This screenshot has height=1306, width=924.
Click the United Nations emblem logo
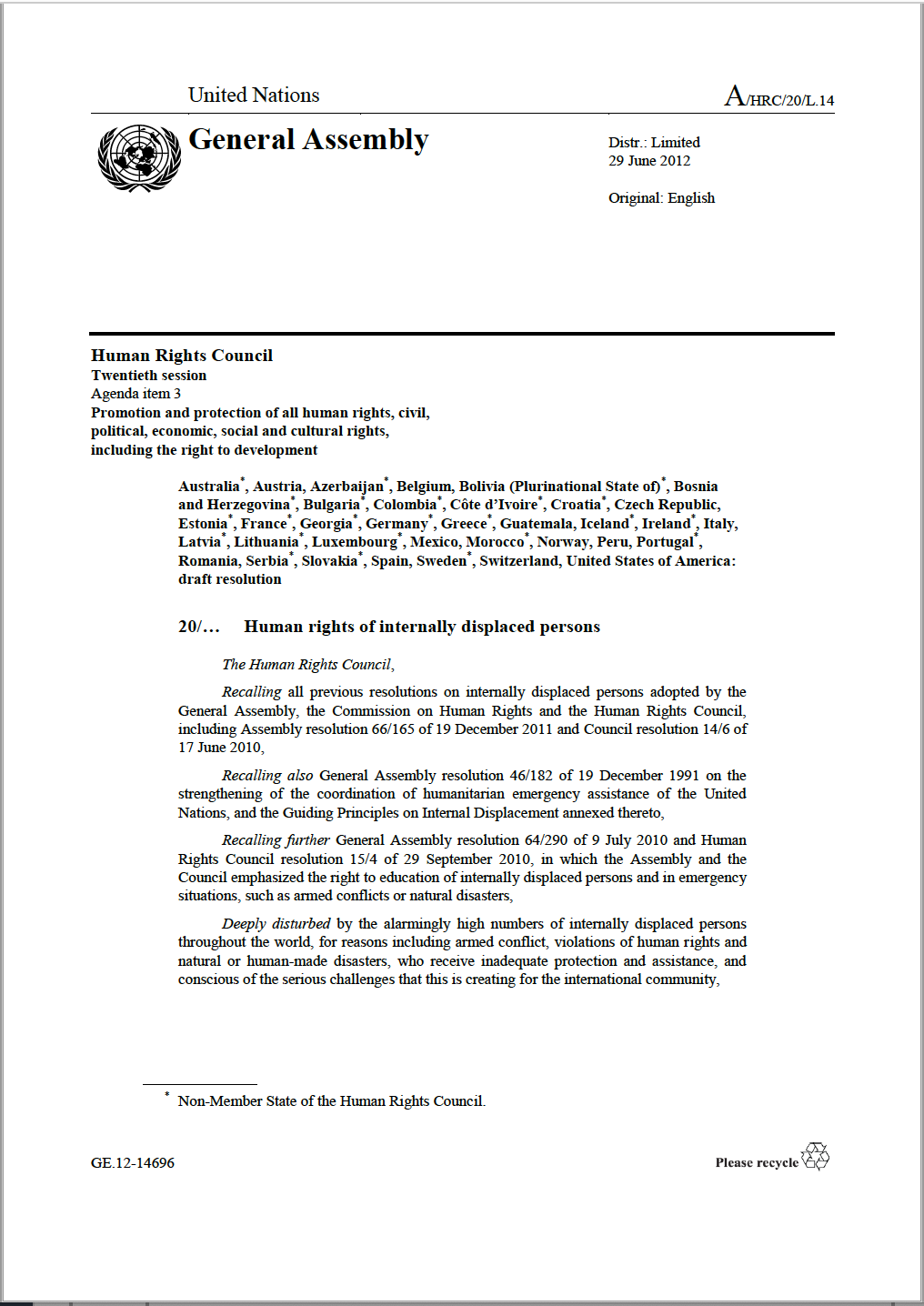coord(139,158)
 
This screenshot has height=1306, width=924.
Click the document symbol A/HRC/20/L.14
coord(778,96)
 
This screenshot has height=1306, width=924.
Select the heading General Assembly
coord(307,140)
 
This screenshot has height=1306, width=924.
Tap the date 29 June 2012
coord(648,161)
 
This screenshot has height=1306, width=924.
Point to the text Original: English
coord(661,198)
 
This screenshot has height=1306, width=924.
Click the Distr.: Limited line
coord(654,143)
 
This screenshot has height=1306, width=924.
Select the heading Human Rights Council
coord(182,356)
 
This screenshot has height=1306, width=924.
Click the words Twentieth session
coord(148,376)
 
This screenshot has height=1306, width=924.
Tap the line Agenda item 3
coord(136,394)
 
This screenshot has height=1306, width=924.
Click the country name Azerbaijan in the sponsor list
coord(346,487)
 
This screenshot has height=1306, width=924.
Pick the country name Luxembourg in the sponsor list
coord(355,542)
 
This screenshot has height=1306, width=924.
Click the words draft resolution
coord(229,579)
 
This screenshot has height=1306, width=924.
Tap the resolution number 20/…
coord(198,627)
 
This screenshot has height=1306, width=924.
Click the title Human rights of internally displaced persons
coord(422,627)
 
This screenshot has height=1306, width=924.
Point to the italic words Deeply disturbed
coord(276,924)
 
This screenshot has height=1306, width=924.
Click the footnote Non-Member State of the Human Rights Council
coord(331,1101)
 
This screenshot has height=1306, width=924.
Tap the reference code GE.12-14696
coord(133,1163)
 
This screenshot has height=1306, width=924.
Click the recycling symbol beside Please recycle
coord(816,1157)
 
